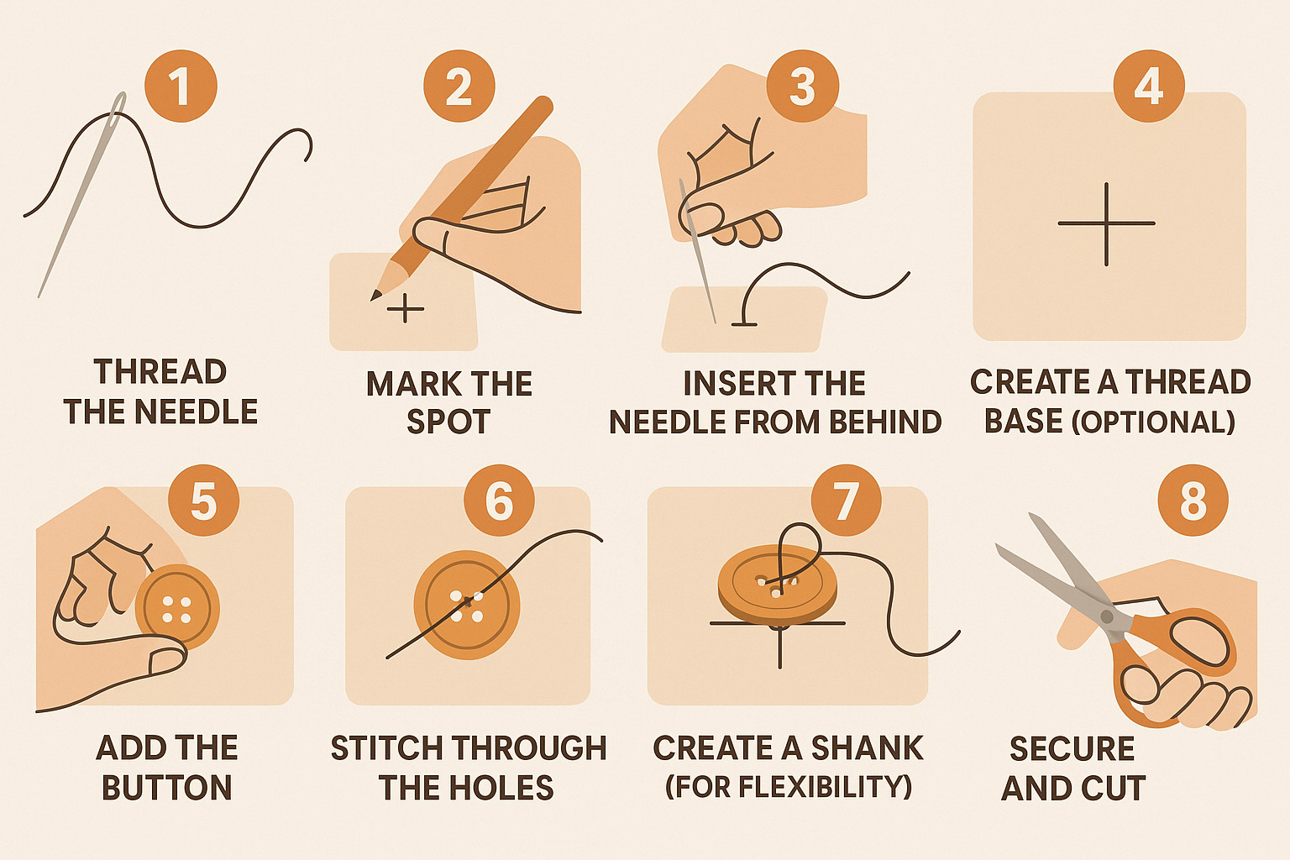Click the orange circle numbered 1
181,87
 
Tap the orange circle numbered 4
1148,86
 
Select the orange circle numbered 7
846,501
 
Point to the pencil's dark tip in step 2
375,295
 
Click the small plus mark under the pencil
406,309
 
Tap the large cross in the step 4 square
1106,223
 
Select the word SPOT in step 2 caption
448,422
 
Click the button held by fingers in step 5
177,606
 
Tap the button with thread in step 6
467,605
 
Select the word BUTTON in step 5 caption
166,788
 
